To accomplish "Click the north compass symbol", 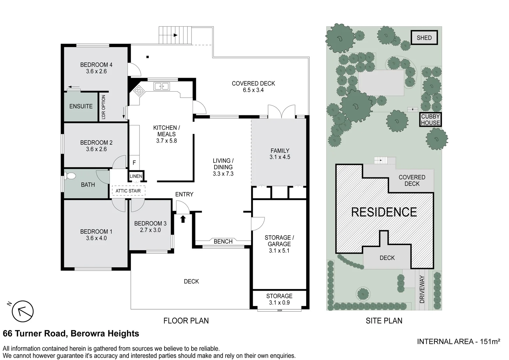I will point(23,311).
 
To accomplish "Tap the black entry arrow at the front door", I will point(183,219).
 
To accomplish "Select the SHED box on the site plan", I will point(424,38).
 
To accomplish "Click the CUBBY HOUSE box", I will point(430,120).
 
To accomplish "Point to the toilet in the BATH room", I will point(70,176).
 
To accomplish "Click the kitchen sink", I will point(162,86).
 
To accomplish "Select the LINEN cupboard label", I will point(136,176).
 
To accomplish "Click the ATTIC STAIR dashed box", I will point(128,191).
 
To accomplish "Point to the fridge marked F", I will point(134,163).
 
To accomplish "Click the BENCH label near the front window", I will point(223,241).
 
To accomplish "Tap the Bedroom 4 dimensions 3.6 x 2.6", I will point(96,71).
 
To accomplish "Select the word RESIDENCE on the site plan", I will point(384,212).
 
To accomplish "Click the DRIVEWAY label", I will point(422,289).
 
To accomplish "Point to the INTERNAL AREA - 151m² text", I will point(459,342).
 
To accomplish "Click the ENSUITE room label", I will point(81,106).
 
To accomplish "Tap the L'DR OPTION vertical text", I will point(103,107).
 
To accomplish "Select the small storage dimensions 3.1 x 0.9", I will point(279,303).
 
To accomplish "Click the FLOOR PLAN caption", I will point(186,321).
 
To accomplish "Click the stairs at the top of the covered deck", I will point(175,35).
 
